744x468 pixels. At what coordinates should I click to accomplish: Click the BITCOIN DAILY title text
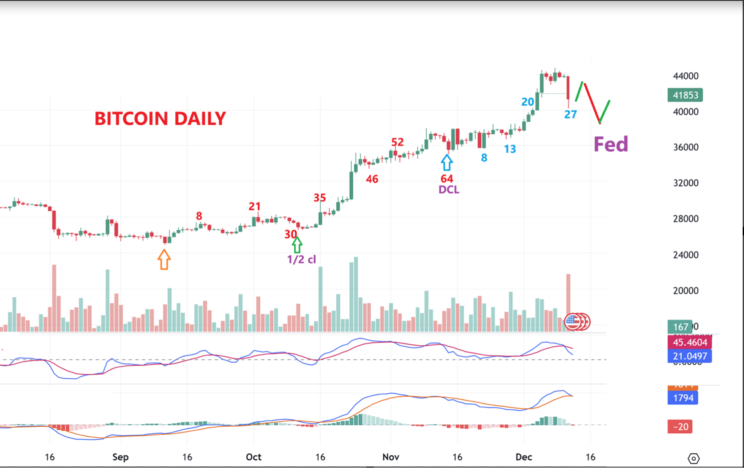coord(160,119)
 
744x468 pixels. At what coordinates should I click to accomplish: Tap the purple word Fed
coord(611,144)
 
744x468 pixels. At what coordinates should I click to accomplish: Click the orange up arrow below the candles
coord(164,260)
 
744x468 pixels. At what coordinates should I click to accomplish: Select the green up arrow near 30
coord(297,245)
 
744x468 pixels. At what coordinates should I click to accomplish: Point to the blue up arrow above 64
coord(447,163)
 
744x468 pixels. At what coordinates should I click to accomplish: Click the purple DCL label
coord(448,190)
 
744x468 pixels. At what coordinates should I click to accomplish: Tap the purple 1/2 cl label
coord(301,260)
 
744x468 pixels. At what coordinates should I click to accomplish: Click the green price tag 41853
coord(685,95)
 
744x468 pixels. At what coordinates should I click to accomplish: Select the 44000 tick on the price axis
coord(685,76)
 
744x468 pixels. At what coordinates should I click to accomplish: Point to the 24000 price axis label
coord(685,255)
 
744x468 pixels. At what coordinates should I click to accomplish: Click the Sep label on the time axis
coord(120,457)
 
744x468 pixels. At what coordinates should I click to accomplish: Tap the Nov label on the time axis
coord(391,457)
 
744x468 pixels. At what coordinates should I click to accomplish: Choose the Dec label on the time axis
coord(524,457)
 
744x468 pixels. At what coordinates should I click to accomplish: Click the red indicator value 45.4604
coord(689,342)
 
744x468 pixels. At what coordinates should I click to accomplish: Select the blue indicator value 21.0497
coord(689,356)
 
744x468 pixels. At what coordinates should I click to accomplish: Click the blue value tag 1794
coord(683,398)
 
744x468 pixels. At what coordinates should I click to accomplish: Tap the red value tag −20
coord(680,427)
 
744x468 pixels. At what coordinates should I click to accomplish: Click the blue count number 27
coord(570,115)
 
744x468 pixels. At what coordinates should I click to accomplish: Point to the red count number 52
coord(397,142)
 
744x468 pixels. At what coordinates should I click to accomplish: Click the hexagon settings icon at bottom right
coord(693,458)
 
